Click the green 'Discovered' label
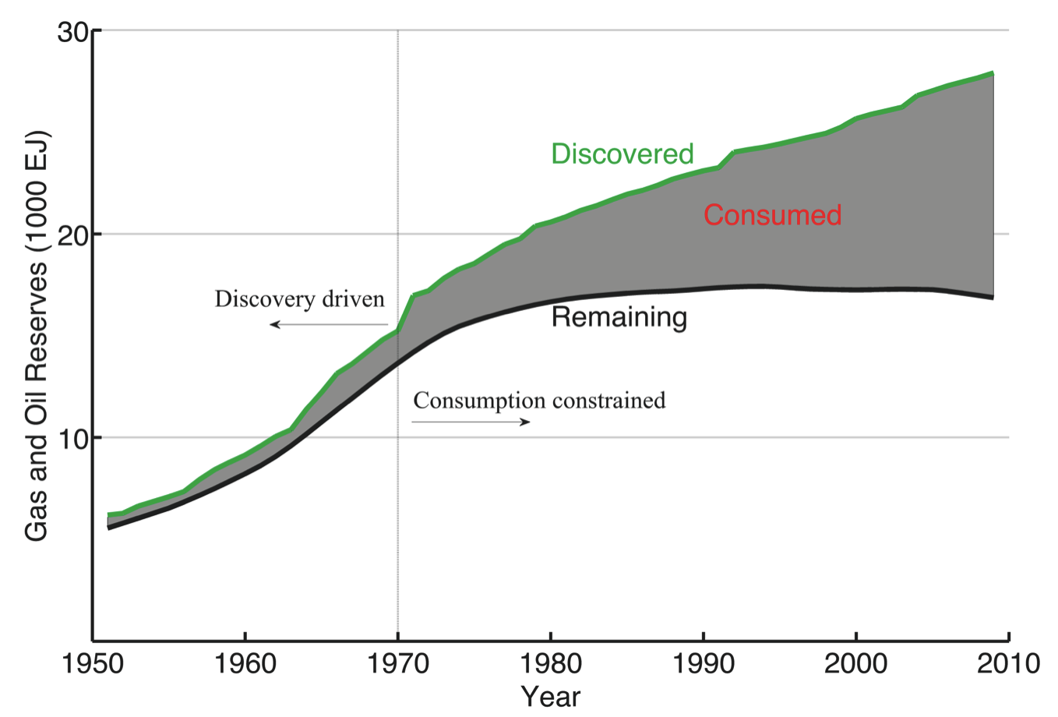point(622,154)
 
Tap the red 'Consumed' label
point(772,215)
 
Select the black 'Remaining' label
point(619,317)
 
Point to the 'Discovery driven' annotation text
point(300,299)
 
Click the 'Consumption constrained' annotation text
point(539,401)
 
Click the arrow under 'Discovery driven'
point(328,324)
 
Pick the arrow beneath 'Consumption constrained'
point(471,422)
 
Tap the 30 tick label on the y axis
point(73,32)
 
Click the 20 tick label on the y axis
point(73,235)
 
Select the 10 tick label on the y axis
point(73,438)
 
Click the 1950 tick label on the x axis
point(93,664)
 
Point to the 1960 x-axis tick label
point(245,664)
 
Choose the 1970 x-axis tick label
point(397,664)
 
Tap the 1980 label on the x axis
point(550,664)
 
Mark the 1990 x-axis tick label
point(703,664)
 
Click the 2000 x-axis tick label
point(855,664)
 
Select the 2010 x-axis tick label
point(1007,664)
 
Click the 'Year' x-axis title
point(550,696)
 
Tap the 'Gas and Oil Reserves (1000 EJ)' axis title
point(37,336)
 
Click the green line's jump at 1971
point(406,313)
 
